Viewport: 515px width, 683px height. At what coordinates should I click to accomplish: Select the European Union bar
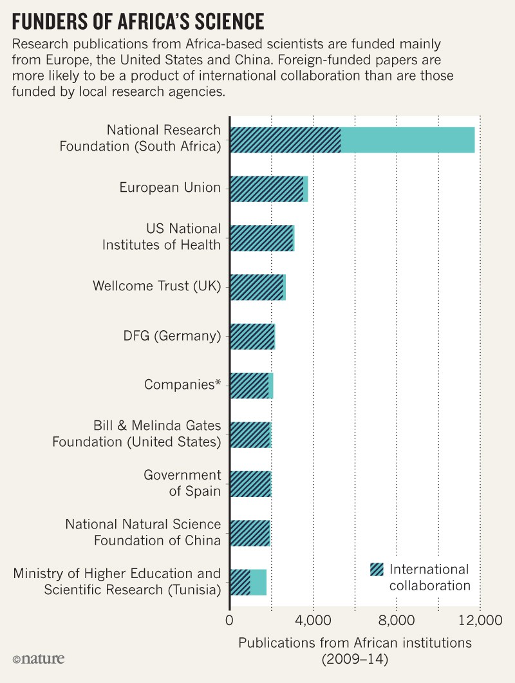point(268,189)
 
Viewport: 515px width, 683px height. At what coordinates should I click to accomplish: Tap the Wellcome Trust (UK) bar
point(257,287)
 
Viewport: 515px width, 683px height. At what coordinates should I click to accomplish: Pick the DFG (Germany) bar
point(252,337)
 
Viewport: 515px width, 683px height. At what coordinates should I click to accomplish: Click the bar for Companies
point(251,386)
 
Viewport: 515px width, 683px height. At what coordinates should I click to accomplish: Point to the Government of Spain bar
point(250,483)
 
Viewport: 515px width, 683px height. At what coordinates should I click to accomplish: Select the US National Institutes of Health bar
point(261,238)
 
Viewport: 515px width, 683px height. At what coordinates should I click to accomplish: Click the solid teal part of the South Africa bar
point(407,140)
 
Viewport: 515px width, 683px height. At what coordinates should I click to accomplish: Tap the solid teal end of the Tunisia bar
point(258,582)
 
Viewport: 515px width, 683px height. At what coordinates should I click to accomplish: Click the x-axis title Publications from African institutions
point(355,642)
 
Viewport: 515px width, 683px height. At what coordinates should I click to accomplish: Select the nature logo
point(38,659)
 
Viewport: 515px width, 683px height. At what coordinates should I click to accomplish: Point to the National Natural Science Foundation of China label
point(143,532)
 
